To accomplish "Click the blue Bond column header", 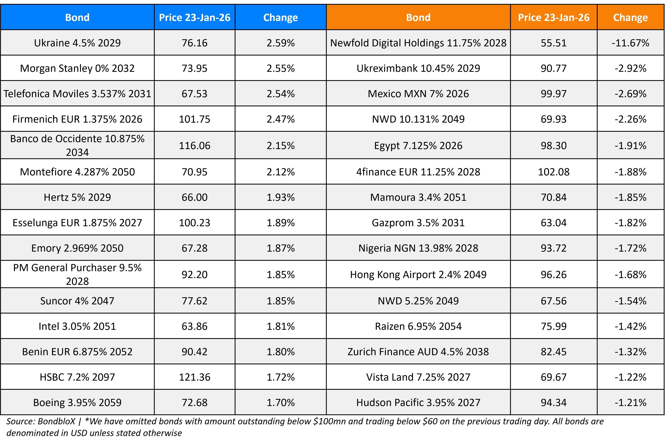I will pyautogui.click(x=77, y=18).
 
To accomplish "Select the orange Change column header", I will pyautogui.click(x=630, y=18).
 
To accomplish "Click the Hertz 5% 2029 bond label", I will pyautogui.click(x=77, y=197).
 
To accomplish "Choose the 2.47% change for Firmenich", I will pyautogui.click(x=281, y=119).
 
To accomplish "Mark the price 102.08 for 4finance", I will pyautogui.click(x=554, y=172).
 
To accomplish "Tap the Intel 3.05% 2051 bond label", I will pyautogui.click(x=77, y=326).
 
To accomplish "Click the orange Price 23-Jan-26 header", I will pyautogui.click(x=554, y=18).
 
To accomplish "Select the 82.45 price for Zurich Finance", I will pyautogui.click(x=554, y=352).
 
